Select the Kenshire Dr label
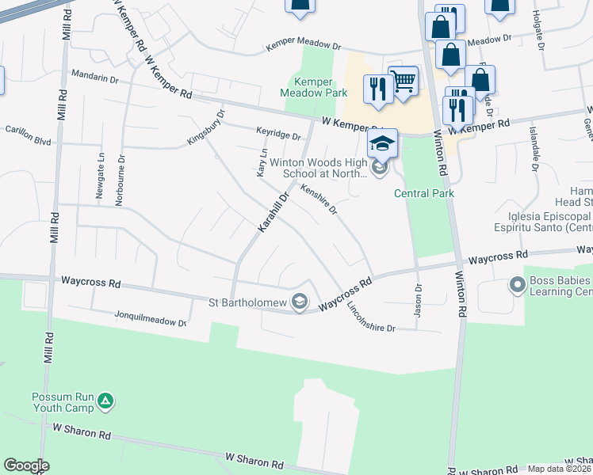click(319, 198)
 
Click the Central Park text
click(423, 193)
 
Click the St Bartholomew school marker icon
click(299, 302)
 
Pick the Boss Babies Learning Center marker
click(517, 283)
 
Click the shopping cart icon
click(403, 79)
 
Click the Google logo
click(26, 465)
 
